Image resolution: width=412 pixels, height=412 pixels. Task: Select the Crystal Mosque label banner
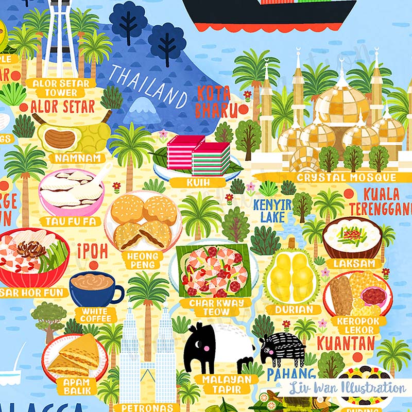[x=350, y=178]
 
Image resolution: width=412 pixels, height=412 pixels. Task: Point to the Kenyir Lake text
[x=272, y=211]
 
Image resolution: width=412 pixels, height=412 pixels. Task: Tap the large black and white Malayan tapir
[x=219, y=348]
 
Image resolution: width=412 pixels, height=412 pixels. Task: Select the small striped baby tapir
[x=282, y=349]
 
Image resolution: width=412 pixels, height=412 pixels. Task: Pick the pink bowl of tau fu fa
[x=72, y=192]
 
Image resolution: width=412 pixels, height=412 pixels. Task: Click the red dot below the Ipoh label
[x=93, y=265]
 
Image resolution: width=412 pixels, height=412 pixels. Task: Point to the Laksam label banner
[x=349, y=263]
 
